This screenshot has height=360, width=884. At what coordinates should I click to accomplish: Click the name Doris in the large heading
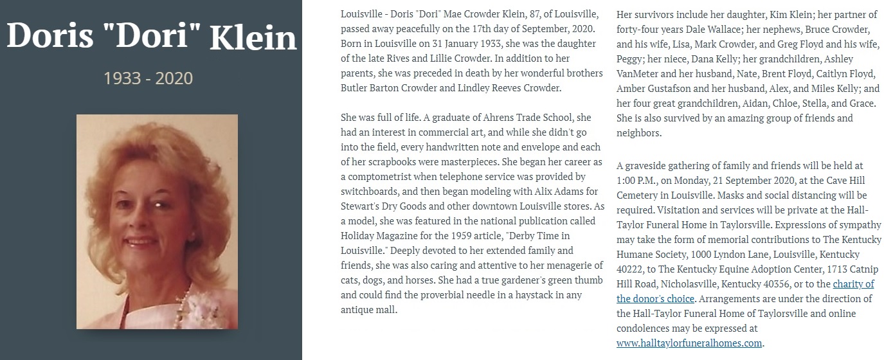click(x=50, y=37)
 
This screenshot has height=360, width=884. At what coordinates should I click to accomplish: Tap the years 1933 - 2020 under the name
click(x=149, y=78)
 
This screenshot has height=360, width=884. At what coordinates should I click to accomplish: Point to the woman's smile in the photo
click(x=142, y=242)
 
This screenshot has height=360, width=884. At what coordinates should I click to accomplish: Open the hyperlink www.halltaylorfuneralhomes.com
click(x=689, y=343)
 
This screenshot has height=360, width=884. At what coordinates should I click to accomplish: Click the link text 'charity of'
click(x=853, y=283)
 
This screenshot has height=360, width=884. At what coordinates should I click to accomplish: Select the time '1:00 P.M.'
click(x=637, y=181)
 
